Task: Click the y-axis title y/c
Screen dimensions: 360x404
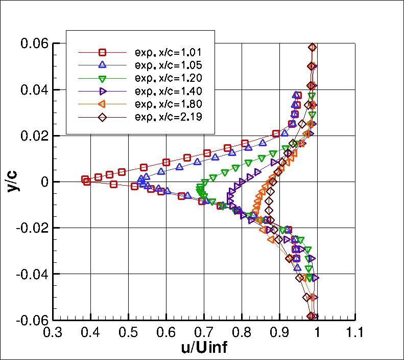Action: click(11, 182)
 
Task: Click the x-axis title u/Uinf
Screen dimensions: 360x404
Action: click(204, 348)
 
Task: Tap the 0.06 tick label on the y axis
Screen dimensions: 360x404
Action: click(34, 43)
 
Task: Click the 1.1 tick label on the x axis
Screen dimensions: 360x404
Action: click(354, 333)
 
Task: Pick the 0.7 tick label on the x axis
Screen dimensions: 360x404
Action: click(204, 333)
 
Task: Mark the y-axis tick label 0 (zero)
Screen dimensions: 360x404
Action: click(45, 182)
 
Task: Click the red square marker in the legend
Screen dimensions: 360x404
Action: click(102, 52)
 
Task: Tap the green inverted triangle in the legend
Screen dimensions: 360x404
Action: click(102, 78)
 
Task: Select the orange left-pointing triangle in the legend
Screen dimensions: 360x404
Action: click(102, 104)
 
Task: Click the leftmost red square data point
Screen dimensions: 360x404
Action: click(85, 179)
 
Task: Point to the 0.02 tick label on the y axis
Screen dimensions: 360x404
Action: click(34, 136)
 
